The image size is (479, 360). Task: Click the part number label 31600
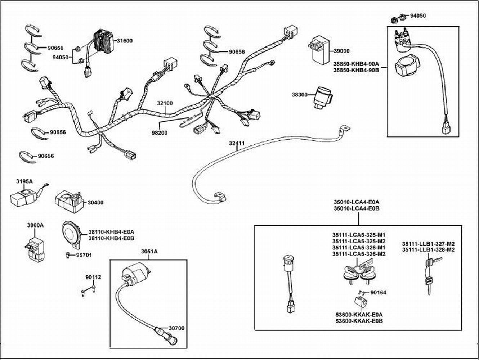(x=124, y=41)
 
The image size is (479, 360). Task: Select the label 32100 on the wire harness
(x=165, y=103)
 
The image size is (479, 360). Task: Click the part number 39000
(x=341, y=51)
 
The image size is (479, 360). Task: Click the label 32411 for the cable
(x=237, y=143)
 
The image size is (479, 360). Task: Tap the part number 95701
(x=84, y=255)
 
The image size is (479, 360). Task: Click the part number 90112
(x=93, y=277)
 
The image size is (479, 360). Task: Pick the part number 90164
(x=378, y=293)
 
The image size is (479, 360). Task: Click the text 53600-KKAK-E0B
(x=359, y=321)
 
